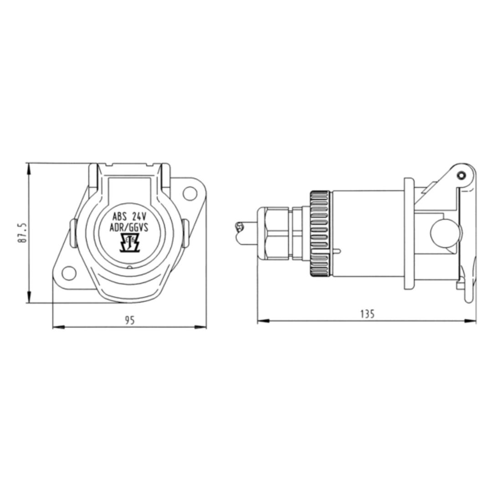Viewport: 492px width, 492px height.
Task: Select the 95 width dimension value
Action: click(130, 320)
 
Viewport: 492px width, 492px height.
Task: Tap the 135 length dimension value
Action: click(367, 314)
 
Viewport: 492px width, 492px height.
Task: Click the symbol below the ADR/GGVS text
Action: click(129, 243)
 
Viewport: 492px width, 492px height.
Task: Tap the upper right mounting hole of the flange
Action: click(190, 193)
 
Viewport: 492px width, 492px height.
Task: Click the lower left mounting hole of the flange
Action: click(68, 273)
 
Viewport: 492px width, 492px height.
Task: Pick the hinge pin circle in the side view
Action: click(461, 175)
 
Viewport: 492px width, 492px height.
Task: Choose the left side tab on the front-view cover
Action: click(73, 233)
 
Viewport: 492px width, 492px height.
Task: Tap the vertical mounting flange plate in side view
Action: click(409, 234)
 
